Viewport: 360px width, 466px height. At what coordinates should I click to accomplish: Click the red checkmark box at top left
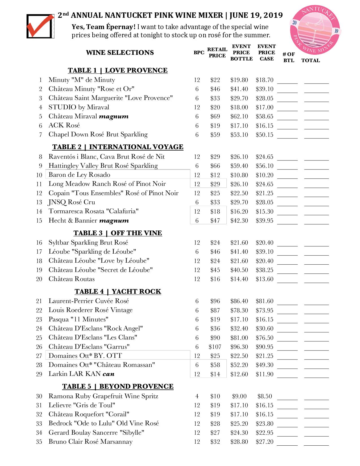[x=40, y=26]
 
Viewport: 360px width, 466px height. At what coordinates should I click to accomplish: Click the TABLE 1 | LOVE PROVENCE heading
[x=117, y=70]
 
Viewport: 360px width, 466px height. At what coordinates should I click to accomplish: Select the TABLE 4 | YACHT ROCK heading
[x=118, y=291]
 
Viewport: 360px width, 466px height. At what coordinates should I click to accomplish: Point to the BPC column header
[x=199, y=53]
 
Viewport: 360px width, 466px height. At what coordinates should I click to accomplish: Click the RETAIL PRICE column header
[x=217, y=53]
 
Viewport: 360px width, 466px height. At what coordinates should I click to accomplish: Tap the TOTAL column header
[x=310, y=60]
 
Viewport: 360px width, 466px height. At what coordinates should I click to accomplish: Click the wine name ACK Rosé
[x=64, y=125]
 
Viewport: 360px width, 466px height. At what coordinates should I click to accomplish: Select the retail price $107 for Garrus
[x=215, y=347]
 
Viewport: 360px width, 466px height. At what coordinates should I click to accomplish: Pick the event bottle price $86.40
[x=239, y=301]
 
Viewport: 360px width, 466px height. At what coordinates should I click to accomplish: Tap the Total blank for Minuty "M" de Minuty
[x=316, y=81]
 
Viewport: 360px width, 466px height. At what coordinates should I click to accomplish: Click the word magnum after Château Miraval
[x=113, y=116]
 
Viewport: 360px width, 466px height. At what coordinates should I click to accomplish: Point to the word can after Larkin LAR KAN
[x=108, y=374]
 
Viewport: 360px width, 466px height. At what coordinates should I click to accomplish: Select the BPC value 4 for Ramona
[x=197, y=396]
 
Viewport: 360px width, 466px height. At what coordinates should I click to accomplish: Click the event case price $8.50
[x=265, y=396]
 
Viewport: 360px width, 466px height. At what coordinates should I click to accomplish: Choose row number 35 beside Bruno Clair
[x=39, y=442]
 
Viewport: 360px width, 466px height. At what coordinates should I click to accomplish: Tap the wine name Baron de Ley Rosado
[x=79, y=175]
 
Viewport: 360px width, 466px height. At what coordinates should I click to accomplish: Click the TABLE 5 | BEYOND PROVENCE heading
[x=118, y=386]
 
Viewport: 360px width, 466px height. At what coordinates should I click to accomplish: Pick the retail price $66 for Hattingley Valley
[x=215, y=166]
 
